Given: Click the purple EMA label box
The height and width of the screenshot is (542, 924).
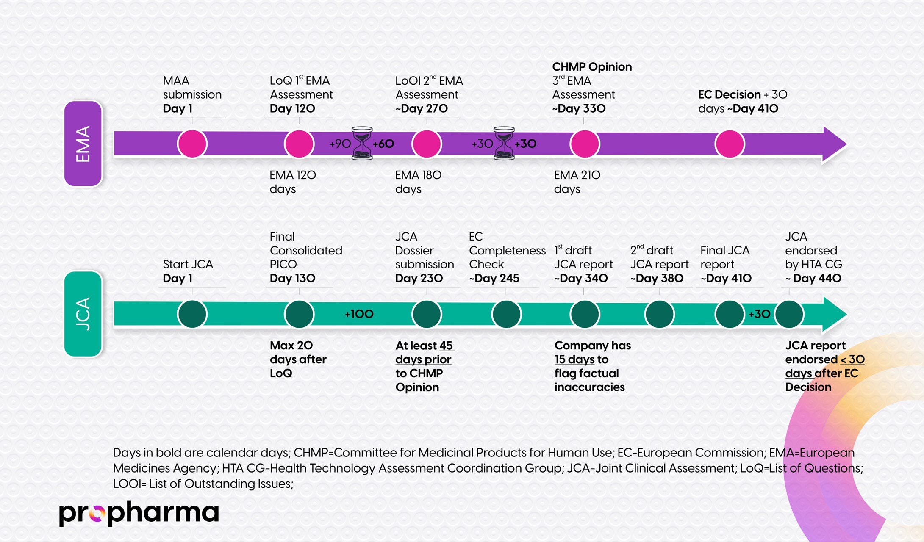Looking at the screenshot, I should tap(83, 144).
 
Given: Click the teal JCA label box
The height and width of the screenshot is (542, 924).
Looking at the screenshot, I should tap(83, 314).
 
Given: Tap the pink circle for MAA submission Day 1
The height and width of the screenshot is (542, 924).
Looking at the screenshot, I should tap(192, 144).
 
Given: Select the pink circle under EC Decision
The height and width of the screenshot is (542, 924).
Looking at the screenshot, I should tap(730, 144).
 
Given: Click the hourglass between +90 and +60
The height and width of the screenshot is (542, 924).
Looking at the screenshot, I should tap(362, 144).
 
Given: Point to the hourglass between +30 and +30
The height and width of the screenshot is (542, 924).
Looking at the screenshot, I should tap(504, 144).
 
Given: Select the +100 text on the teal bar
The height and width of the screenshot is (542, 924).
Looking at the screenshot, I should tap(359, 314).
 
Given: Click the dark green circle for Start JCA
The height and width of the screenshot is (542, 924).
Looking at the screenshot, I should tap(192, 314).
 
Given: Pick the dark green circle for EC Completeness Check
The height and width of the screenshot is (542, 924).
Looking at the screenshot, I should tap(506, 314).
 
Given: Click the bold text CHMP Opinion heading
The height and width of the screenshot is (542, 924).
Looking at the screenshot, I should tap(591, 67).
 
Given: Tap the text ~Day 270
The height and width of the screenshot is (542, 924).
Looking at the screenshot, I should tap(422, 109).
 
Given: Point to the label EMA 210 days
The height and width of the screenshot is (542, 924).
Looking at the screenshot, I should tap(577, 182).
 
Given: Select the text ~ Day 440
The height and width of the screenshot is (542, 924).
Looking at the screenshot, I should tap(813, 279).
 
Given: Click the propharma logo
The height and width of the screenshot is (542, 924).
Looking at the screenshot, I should tap(139, 513).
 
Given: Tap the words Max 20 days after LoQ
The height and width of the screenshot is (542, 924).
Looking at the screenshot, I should tap(298, 359).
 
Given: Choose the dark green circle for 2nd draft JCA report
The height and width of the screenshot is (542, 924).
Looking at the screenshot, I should tap(659, 314).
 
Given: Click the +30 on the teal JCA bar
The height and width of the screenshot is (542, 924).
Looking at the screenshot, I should tap(759, 314).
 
